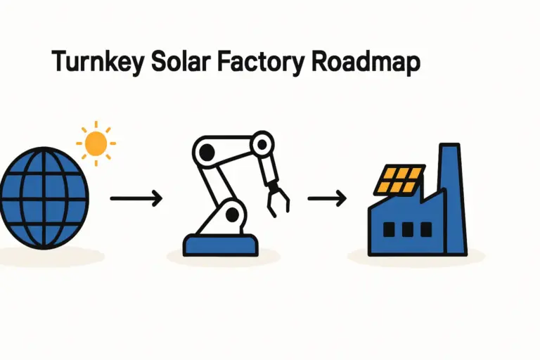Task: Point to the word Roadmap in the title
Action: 365,63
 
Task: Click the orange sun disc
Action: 96,144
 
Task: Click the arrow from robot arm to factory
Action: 327,199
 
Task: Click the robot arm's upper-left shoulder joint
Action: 205,150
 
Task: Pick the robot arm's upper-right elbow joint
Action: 262,146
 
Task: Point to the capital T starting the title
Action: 60,63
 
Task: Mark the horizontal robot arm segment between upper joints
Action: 233,146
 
